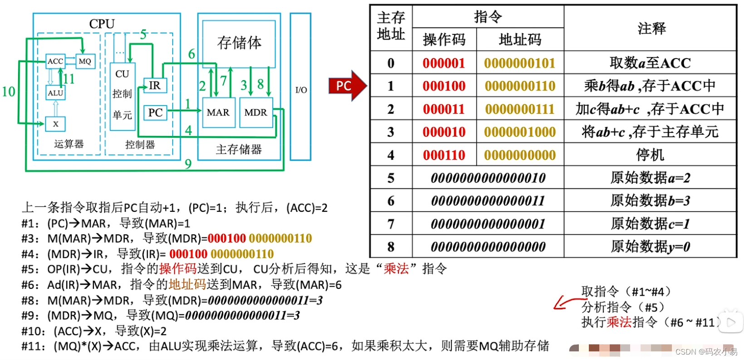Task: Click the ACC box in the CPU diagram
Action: [55, 61]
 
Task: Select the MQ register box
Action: [85, 61]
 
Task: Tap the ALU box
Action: [55, 93]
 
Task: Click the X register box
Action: [55, 124]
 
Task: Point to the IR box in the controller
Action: [155, 85]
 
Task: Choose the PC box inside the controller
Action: [155, 112]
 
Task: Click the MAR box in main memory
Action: [218, 112]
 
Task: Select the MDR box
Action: [256, 112]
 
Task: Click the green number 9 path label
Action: [188, 164]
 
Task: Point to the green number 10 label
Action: [9, 92]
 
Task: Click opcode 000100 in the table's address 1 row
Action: [444, 86]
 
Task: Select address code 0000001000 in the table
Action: [520, 132]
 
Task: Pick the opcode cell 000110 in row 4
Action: [444, 155]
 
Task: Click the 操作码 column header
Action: [444, 40]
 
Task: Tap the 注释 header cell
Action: [651, 29]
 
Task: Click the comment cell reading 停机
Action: [650, 155]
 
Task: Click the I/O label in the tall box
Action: [301, 90]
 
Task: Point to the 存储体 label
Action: [239, 43]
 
